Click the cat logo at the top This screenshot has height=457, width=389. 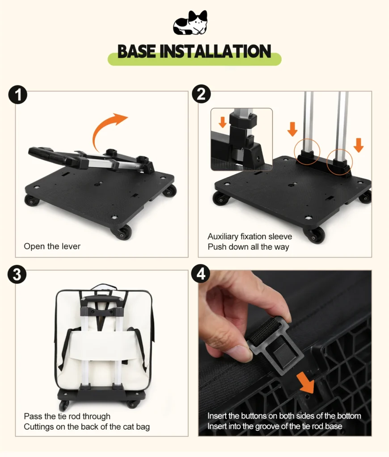click(x=190, y=23)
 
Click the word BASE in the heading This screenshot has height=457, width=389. click(x=136, y=52)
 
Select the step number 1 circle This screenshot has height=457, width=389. click(x=17, y=95)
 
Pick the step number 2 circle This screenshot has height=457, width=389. click(x=201, y=94)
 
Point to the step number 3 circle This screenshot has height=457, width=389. click(x=17, y=274)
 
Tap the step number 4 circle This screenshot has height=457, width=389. click(x=201, y=274)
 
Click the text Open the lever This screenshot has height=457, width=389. click(x=52, y=246)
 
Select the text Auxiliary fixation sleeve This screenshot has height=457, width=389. click(x=249, y=237)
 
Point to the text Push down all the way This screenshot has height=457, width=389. click(x=248, y=247)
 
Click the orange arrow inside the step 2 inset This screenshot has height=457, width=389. click(x=223, y=122)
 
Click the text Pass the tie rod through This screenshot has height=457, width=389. click(x=67, y=416)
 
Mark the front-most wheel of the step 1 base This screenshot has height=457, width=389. click(x=121, y=233)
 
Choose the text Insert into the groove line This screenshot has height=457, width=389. click(x=275, y=426)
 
